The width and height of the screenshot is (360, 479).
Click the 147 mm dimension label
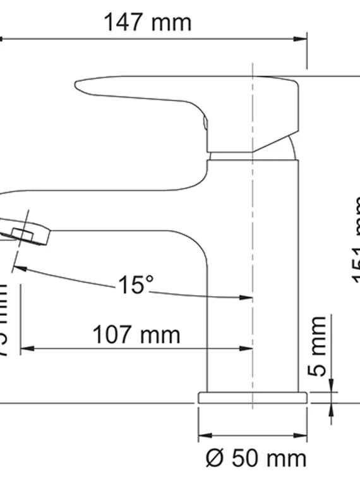click(147, 23)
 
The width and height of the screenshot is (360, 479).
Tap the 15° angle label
click(135, 285)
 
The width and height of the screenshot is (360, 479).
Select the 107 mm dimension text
click(136, 334)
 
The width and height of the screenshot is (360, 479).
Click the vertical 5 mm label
click(320, 346)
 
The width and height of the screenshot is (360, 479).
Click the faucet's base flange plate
click(253, 397)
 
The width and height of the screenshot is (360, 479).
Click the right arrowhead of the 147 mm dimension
click(301, 39)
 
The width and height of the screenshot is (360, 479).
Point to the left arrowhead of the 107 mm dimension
click(25, 348)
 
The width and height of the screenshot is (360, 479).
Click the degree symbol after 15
click(149, 279)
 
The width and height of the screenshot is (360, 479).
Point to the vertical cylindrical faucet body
click(253, 272)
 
